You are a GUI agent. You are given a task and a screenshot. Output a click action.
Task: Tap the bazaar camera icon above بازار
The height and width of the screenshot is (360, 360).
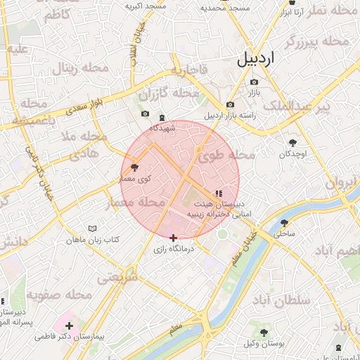(x=254, y=82)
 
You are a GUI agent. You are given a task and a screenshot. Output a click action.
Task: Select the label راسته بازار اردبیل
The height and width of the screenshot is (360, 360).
(x=233, y=115)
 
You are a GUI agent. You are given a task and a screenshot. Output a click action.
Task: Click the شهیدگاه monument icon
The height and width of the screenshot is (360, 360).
(x=162, y=117)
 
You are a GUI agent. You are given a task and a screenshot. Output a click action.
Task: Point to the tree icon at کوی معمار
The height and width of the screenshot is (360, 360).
(x=135, y=168)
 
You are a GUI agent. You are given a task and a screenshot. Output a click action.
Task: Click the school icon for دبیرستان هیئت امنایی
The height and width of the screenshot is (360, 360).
(x=219, y=191)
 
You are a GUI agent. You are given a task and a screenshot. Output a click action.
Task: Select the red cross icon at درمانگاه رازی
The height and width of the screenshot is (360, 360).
(x=174, y=238)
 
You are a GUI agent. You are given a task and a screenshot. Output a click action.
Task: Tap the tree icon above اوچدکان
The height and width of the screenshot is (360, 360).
(x=292, y=143)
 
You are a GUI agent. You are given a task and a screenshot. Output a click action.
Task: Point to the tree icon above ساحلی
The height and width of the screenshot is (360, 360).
(x=284, y=222)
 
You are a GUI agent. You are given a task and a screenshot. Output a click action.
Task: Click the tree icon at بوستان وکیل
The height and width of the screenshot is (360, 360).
(x=264, y=332)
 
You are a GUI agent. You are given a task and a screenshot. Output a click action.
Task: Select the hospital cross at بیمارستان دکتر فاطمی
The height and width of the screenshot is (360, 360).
(x=69, y=326)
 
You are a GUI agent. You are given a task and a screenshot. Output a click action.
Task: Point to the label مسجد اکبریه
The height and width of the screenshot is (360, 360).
(x=146, y=6)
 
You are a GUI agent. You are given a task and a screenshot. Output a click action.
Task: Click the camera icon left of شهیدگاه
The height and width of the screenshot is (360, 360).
(x=145, y=114)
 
